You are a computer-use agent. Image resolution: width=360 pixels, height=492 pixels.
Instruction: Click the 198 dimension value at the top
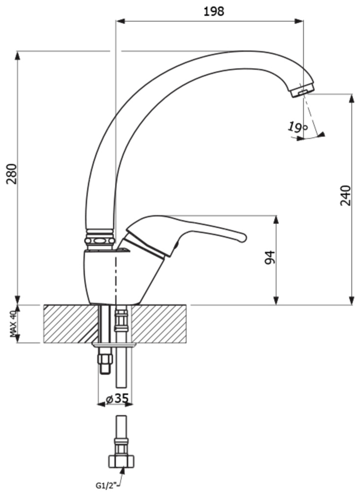click(214, 11)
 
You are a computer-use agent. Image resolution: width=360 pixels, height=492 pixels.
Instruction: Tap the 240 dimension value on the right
click(345, 195)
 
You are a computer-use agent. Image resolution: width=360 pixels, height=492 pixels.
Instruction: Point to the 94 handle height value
click(270, 257)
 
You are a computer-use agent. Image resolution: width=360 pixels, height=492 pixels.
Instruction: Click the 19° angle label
click(297, 127)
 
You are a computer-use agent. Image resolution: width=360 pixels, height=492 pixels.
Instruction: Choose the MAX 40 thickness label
click(13, 324)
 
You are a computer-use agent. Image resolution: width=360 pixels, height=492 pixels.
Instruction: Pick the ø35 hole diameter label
click(117, 399)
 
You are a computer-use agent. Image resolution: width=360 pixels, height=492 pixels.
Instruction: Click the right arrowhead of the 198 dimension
click(299, 21)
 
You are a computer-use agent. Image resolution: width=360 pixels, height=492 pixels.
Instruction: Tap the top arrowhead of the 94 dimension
click(276, 219)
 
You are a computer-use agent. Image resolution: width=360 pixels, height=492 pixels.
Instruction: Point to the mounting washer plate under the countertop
click(115, 345)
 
